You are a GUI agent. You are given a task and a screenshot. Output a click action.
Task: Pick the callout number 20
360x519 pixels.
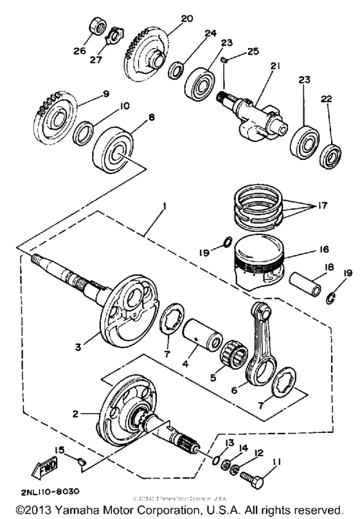point(186,19)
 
